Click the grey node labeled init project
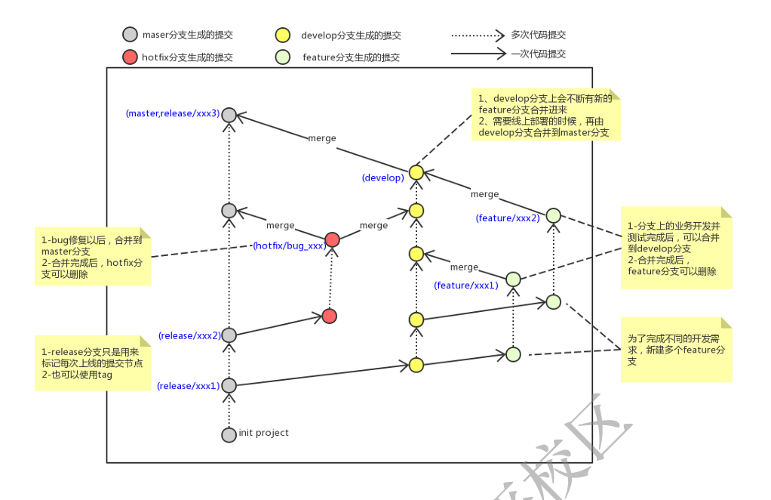click(229, 434)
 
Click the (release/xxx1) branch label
click(188, 386)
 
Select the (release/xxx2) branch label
click(189, 335)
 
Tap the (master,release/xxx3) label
click(172, 113)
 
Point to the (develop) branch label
click(382, 177)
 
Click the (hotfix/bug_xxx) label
click(289, 245)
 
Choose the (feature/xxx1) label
click(466, 285)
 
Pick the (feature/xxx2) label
click(508, 218)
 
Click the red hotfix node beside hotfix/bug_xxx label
click(332, 239)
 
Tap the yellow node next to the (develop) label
click(416, 172)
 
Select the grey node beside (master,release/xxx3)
click(229, 115)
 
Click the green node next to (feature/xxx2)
click(553, 215)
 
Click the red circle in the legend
click(130, 57)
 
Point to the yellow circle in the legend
click(282, 35)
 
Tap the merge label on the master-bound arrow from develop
click(322, 138)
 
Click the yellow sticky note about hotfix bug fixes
click(93, 256)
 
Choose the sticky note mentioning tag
click(93, 363)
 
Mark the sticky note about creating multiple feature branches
click(676, 350)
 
